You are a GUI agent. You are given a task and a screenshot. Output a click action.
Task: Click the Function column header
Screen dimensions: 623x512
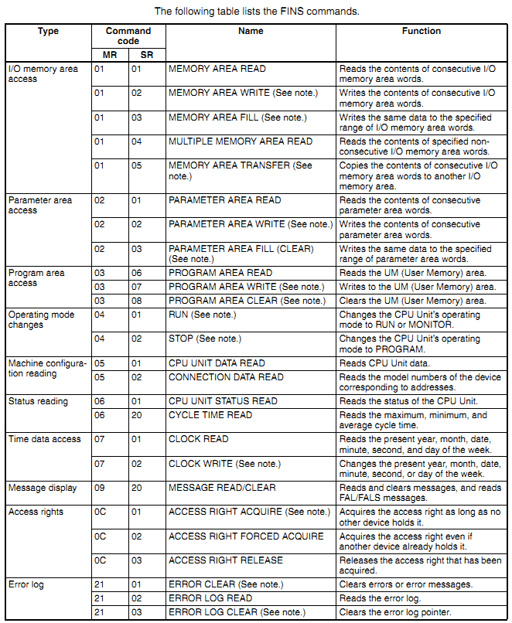click(421, 32)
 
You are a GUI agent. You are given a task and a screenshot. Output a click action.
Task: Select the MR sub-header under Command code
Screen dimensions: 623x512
click(109, 55)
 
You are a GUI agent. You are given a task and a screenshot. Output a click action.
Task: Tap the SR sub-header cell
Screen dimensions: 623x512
click(147, 55)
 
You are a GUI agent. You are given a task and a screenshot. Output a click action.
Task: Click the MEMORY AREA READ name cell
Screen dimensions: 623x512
click(217, 69)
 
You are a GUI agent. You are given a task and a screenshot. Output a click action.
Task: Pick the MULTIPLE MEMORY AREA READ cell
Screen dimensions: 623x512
click(241, 141)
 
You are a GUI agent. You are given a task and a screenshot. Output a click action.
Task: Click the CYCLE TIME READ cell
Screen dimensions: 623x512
click(210, 415)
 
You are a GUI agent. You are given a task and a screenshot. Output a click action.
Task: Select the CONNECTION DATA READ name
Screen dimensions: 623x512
click(226, 377)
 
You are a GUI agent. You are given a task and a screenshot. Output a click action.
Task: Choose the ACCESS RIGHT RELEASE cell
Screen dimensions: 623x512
click(226, 560)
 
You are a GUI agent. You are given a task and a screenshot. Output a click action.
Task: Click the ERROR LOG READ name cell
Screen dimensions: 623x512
click(210, 598)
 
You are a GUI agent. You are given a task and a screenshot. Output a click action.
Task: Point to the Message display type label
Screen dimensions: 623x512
click(43, 489)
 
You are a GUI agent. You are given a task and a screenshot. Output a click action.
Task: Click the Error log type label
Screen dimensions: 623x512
click(26, 584)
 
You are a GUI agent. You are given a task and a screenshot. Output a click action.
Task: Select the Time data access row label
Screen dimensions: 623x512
click(44, 439)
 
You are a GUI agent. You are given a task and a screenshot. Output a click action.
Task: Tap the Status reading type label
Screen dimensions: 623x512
click(38, 401)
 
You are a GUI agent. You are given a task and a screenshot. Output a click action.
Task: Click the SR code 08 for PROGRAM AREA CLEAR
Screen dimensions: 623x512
click(136, 301)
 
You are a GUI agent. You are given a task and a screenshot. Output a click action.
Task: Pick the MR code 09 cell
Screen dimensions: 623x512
click(99, 489)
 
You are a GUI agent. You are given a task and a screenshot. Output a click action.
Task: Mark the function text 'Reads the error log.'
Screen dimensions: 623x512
click(381, 598)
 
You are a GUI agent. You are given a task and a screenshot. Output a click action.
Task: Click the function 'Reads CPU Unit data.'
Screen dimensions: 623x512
click(382, 363)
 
